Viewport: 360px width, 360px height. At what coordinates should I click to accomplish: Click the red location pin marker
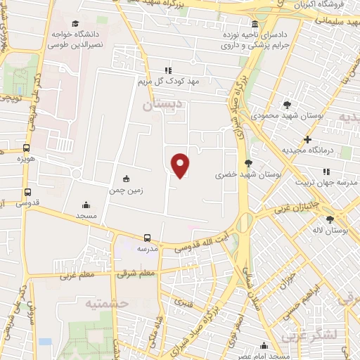pos(181,165)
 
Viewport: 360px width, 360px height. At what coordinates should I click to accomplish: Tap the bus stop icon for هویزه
pos(27,148)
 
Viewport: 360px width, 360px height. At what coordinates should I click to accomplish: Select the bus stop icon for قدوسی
pos(28,191)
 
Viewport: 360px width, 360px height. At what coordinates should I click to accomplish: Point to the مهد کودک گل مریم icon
pos(168,70)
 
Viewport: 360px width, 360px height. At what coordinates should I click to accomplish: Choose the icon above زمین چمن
pos(126,178)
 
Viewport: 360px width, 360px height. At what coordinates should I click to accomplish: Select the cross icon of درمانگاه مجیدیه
pos(307,139)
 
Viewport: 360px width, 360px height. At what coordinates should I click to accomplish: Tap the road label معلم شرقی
pos(136,272)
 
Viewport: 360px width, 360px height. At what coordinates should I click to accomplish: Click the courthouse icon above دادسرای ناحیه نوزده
pos(254,24)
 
